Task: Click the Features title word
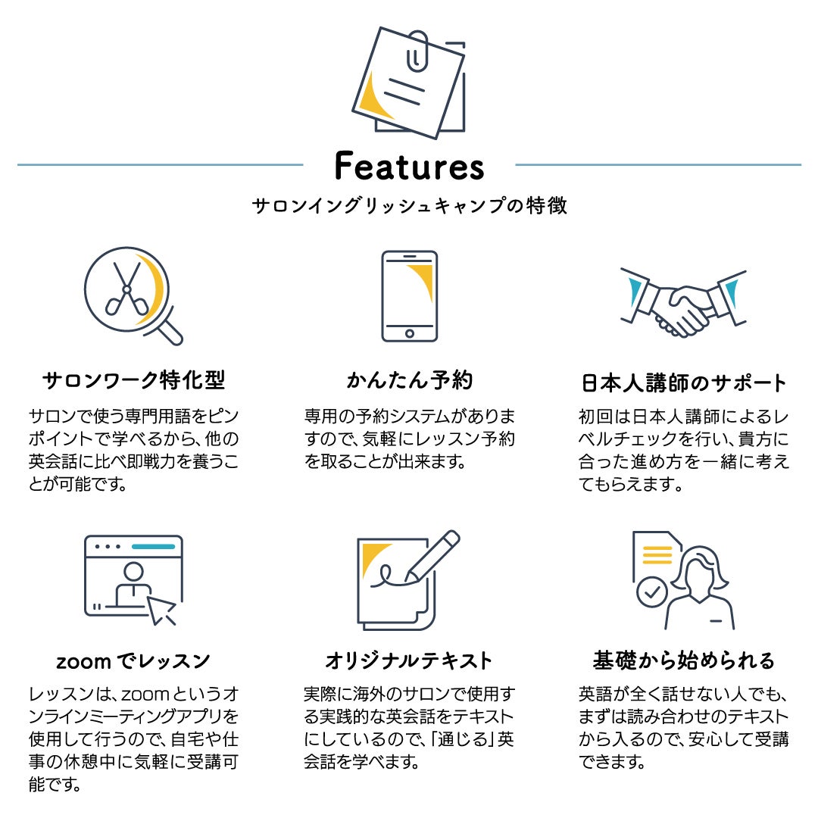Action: click(x=409, y=166)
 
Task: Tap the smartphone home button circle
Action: click(x=409, y=333)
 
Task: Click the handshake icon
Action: click(x=682, y=303)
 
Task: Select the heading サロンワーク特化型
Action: click(x=134, y=380)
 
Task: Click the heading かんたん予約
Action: click(x=409, y=380)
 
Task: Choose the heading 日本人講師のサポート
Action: click(x=684, y=382)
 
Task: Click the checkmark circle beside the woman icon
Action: click(x=651, y=592)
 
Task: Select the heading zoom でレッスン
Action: click(x=133, y=661)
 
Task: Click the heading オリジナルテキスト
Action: click(x=409, y=661)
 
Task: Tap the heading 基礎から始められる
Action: click(x=684, y=661)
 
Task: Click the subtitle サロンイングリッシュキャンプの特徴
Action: click(x=409, y=206)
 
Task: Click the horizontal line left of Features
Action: click(x=160, y=164)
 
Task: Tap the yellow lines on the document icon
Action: click(x=657, y=555)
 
